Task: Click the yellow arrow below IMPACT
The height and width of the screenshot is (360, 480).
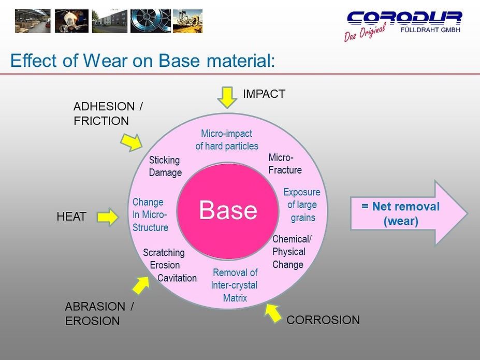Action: tap(226, 97)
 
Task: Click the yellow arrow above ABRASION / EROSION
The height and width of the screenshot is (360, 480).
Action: tap(141, 284)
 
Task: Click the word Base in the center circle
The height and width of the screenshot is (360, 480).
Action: tap(228, 210)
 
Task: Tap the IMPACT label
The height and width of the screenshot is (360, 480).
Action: tap(264, 94)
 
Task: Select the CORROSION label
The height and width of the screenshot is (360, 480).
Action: tap(323, 320)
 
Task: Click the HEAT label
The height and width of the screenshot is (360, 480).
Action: tap(71, 217)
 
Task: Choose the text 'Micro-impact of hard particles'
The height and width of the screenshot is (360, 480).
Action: tap(227, 140)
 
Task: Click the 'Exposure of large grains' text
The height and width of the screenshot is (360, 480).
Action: tap(302, 205)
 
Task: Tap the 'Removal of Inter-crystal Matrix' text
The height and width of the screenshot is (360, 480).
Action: tap(235, 285)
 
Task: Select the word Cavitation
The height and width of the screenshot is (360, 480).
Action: tap(177, 278)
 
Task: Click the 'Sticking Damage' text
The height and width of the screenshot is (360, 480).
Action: tap(165, 166)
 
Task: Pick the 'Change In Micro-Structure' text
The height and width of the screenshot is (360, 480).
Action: tap(150, 214)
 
